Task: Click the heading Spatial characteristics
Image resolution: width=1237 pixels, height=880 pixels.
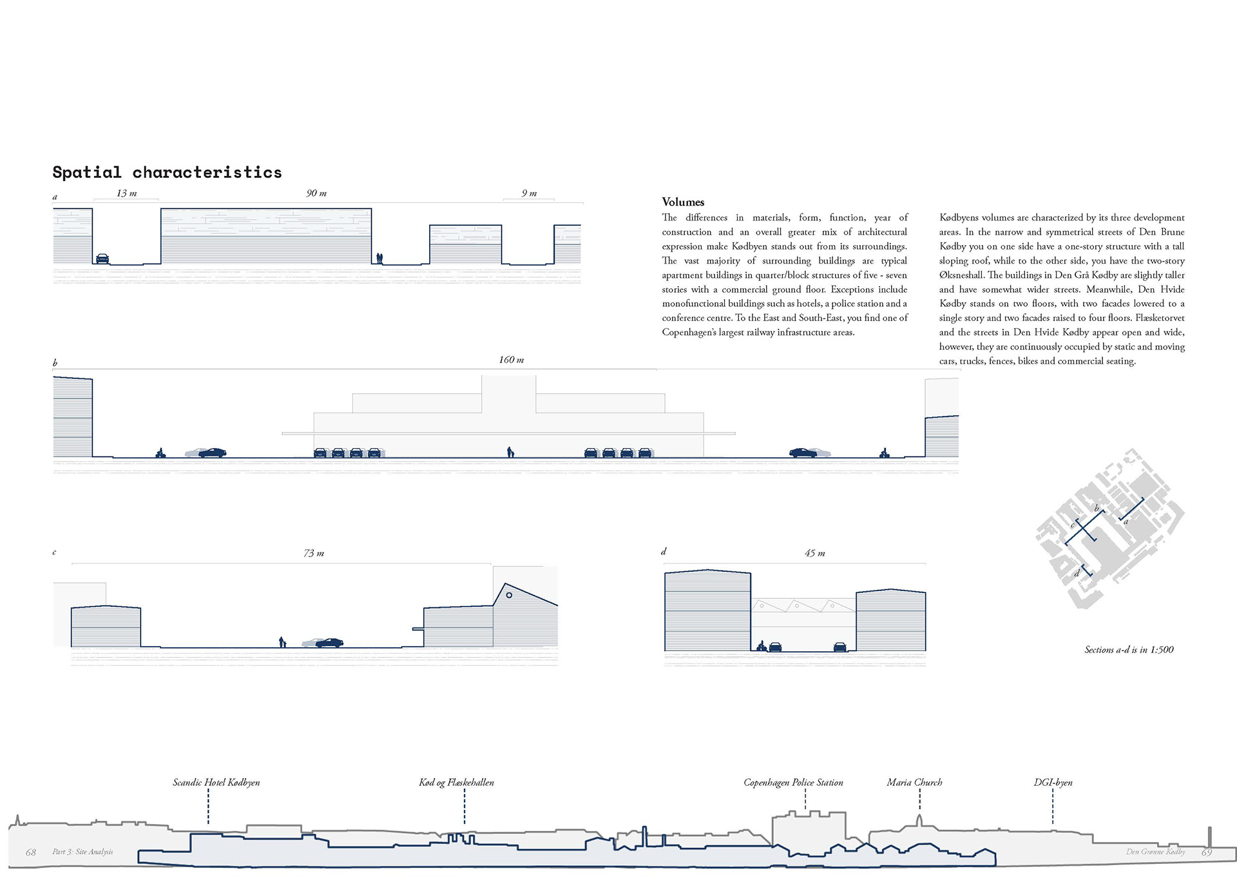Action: [x=167, y=172]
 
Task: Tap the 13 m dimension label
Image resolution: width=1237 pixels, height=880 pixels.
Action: [x=126, y=193]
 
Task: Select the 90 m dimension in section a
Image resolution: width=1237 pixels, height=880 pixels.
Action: [x=316, y=193]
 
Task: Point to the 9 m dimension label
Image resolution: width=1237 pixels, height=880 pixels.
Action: [x=529, y=193]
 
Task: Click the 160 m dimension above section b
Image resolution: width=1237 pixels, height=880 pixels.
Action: [x=512, y=360]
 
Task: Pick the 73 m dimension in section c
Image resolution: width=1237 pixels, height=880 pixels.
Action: [x=314, y=553]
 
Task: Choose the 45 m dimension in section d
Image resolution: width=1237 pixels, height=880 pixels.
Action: [x=814, y=553]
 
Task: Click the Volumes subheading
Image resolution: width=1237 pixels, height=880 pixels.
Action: [x=683, y=202]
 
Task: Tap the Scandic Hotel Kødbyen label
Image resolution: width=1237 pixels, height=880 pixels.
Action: [x=216, y=783]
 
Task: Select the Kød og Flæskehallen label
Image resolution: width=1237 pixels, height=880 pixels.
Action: [x=456, y=783]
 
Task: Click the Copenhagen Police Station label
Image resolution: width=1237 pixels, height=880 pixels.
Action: [x=793, y=783]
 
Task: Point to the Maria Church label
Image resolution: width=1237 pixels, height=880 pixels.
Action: [x=914, y=783]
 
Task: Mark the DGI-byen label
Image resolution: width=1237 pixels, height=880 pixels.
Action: [x=1053, y=783]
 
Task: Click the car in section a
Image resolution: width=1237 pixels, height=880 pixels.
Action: [x=102, y=259]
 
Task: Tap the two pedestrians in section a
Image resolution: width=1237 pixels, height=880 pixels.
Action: [x=379, y=258]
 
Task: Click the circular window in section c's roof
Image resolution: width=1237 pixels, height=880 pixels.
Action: [x=509, y=595]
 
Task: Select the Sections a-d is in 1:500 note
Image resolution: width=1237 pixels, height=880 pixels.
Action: [x=1129, y=650]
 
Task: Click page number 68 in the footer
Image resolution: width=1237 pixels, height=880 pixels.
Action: [x=31, y=852]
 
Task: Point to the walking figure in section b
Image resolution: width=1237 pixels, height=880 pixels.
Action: [x=510, y=452]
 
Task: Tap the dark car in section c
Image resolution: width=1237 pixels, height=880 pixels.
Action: [x=330, y=643]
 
